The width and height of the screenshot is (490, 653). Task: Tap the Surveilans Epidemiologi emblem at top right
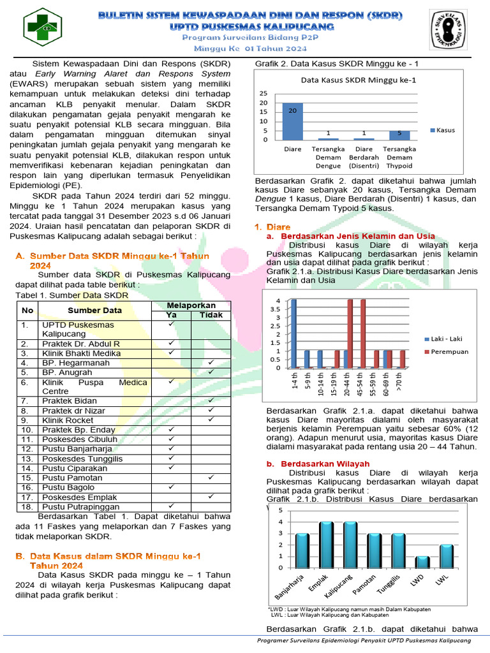tap(451, 29)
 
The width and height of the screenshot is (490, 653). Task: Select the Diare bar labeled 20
tap(292, 121)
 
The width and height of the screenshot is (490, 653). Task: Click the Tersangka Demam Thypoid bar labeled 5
tap(399, 135)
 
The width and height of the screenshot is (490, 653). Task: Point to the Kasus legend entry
tap(442, 130)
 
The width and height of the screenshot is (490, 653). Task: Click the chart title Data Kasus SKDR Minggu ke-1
tap(358, 80)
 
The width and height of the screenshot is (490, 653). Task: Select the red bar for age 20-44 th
tap(350, 334)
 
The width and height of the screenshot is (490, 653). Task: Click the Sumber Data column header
tap(94, 311)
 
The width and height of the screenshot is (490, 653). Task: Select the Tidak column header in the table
tap(211, 315)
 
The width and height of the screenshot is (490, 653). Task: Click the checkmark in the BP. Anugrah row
tap(211, 372)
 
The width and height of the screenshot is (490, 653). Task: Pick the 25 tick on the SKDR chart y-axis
tap(264, 92)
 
